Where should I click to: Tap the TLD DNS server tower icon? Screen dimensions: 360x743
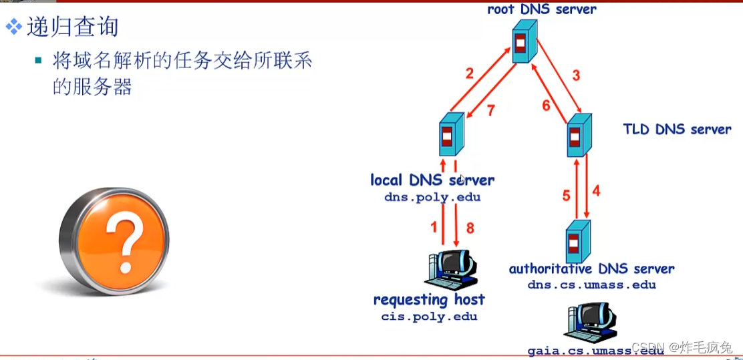(579, 134)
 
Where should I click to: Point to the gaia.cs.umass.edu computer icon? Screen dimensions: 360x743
(589, 322)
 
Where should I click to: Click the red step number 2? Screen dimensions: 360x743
(469, 74)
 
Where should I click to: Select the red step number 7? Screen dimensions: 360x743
(490, 111)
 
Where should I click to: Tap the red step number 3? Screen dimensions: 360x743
(576, 74)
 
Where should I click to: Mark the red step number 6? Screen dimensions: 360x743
(545, 105)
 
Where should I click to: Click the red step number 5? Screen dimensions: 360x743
(566, 196)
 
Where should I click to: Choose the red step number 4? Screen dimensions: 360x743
(596, 190)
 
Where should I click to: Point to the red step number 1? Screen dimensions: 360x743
(434, 228)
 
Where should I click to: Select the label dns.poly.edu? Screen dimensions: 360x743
(432, 198)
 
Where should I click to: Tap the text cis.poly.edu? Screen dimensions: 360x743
(429, 317)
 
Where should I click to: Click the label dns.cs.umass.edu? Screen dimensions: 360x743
(591, 285)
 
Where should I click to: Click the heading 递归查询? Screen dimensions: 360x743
(72, 27)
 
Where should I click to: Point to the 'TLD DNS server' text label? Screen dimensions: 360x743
(677, 129)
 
